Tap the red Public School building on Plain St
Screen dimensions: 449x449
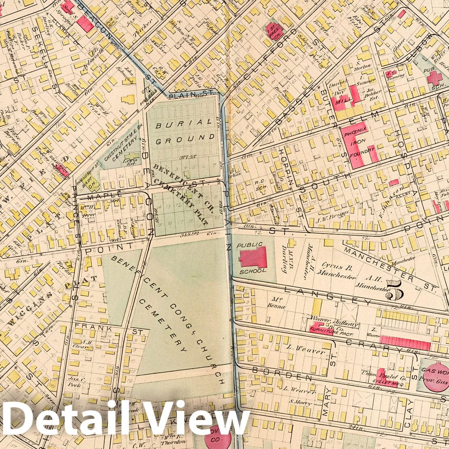click(253, 257)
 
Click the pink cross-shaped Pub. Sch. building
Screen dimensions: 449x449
click(436, 77)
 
